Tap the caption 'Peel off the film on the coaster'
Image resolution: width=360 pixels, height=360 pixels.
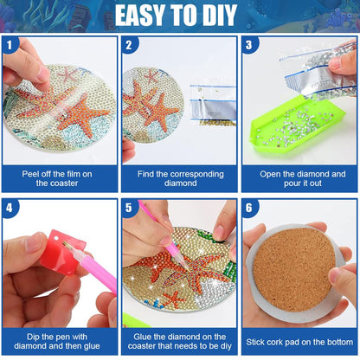coord(60,177)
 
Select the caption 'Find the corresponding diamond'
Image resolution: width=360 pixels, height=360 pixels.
coord(179,177)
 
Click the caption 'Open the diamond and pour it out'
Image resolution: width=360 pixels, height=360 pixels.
coord(299,177)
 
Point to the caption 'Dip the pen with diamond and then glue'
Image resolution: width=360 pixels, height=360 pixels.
coord(60,341)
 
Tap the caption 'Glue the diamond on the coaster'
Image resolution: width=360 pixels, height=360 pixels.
coord(179,341)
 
